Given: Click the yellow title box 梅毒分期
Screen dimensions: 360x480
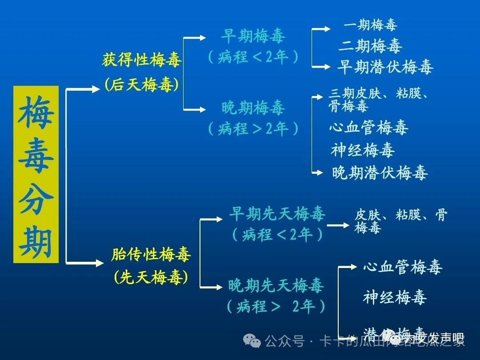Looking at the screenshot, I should point(36,174).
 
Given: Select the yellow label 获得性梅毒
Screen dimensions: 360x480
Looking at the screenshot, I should point(141,60).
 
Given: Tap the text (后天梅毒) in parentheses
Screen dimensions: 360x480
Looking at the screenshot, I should point(141,84).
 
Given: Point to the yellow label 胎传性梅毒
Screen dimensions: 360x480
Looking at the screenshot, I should point(151,255).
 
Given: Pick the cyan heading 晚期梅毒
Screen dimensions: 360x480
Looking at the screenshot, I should point(253,108).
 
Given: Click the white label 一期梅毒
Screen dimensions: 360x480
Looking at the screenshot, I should point(370,25).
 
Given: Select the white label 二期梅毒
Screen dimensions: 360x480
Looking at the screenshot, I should point(370,46).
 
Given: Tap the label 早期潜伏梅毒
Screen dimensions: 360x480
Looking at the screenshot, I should point(385,67).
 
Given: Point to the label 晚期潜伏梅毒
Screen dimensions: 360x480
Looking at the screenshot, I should point(380,172).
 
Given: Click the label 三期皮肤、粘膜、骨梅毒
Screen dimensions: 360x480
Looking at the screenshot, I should point(378,100).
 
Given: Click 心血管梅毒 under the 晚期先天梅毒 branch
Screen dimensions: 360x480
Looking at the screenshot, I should point(403,267).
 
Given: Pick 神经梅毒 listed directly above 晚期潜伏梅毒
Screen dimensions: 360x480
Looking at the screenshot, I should point(363,150).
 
